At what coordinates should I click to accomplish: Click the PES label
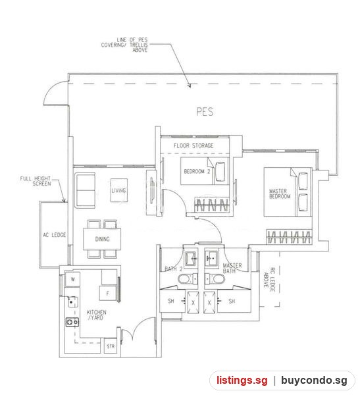(205, 112)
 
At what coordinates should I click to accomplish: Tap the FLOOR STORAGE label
(193, 145)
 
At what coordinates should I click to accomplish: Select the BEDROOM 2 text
(197, 171)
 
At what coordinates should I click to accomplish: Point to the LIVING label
(118, 190)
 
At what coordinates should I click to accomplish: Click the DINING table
(102, 239)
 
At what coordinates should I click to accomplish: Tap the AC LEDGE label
(54, 235)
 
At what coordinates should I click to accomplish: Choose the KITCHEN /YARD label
(97, 315)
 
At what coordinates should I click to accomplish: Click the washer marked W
(72, 279)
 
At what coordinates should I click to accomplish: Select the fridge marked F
(108, 293)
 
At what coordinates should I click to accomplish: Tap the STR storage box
(111, 346)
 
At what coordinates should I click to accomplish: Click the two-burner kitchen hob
(72, 322)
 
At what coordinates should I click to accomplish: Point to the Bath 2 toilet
(188, 279)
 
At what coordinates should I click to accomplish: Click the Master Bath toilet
(215, 279)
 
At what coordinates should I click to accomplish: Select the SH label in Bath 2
(171, 301)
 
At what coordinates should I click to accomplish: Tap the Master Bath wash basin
(211, 258)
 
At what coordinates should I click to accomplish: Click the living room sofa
(85, 190)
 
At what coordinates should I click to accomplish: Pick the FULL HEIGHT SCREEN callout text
(36, 181)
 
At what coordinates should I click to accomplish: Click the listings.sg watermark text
(242, 380)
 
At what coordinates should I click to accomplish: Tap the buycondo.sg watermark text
(314, 381)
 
